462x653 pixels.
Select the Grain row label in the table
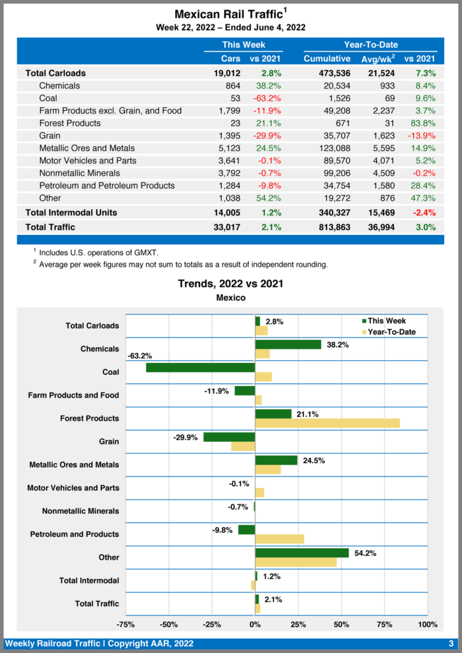(50, 135)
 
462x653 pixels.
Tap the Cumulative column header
(327, 59)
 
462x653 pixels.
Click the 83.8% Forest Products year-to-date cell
(422, 123)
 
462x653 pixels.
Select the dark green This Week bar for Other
(302, 553)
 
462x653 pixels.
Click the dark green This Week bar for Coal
(201, 367)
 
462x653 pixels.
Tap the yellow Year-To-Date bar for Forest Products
(328, 423)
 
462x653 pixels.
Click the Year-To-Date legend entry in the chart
(389, 332)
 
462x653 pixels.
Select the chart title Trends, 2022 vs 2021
(231, 283)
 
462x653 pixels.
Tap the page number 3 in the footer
(451, 643)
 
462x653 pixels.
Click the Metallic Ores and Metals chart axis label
(74, 465)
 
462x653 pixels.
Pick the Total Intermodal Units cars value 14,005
(226, 212)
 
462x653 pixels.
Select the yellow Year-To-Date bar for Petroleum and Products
(280, 539)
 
